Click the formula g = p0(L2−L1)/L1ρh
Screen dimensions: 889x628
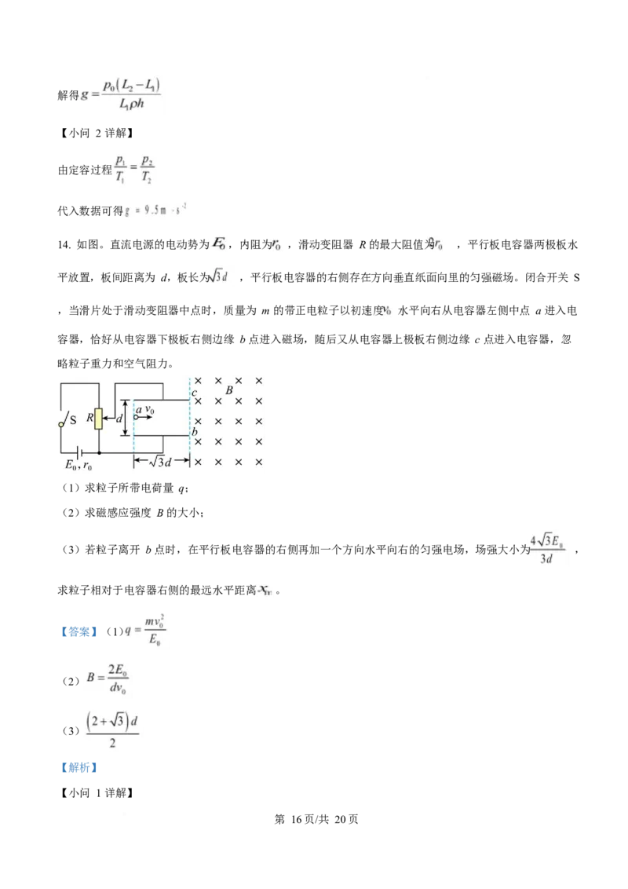click(123, 94)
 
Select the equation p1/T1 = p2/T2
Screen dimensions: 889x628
click(135, 166)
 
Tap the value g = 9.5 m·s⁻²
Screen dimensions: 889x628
click(157, 210)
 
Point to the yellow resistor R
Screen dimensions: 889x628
click(99, 419)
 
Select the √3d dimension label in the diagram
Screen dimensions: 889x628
click(161, 462)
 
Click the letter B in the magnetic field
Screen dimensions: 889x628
click(229, 390)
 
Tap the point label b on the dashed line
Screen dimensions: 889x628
click(195, 433)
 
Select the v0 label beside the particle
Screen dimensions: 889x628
click(150, 410)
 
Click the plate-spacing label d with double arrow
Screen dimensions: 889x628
click(120, 419)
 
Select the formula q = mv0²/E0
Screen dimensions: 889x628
click(148, 631)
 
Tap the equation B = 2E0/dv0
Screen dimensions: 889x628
click(111, 681)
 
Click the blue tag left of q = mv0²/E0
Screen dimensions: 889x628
click(78, 631)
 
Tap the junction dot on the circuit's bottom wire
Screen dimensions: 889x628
click(100, 453)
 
